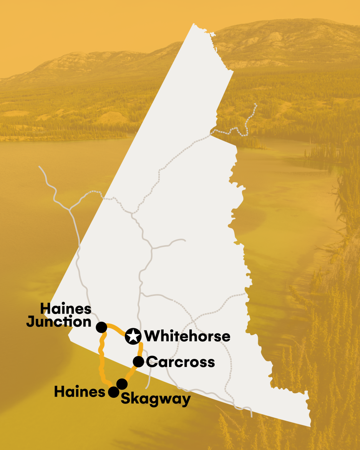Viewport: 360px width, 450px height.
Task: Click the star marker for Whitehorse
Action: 133,336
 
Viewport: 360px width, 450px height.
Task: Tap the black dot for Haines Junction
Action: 101,327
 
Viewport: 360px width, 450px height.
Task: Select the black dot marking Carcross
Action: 138,362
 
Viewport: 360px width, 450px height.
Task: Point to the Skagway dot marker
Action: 122,384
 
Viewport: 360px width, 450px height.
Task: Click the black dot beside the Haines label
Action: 113,392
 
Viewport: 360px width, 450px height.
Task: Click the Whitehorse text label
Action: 188,337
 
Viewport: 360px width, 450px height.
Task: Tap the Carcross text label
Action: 181,362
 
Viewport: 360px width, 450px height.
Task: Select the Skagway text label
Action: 156,399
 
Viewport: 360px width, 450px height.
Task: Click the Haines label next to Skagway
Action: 80,392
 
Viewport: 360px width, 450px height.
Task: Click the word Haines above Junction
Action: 66,308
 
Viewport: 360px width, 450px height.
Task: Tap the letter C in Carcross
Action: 151,362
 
